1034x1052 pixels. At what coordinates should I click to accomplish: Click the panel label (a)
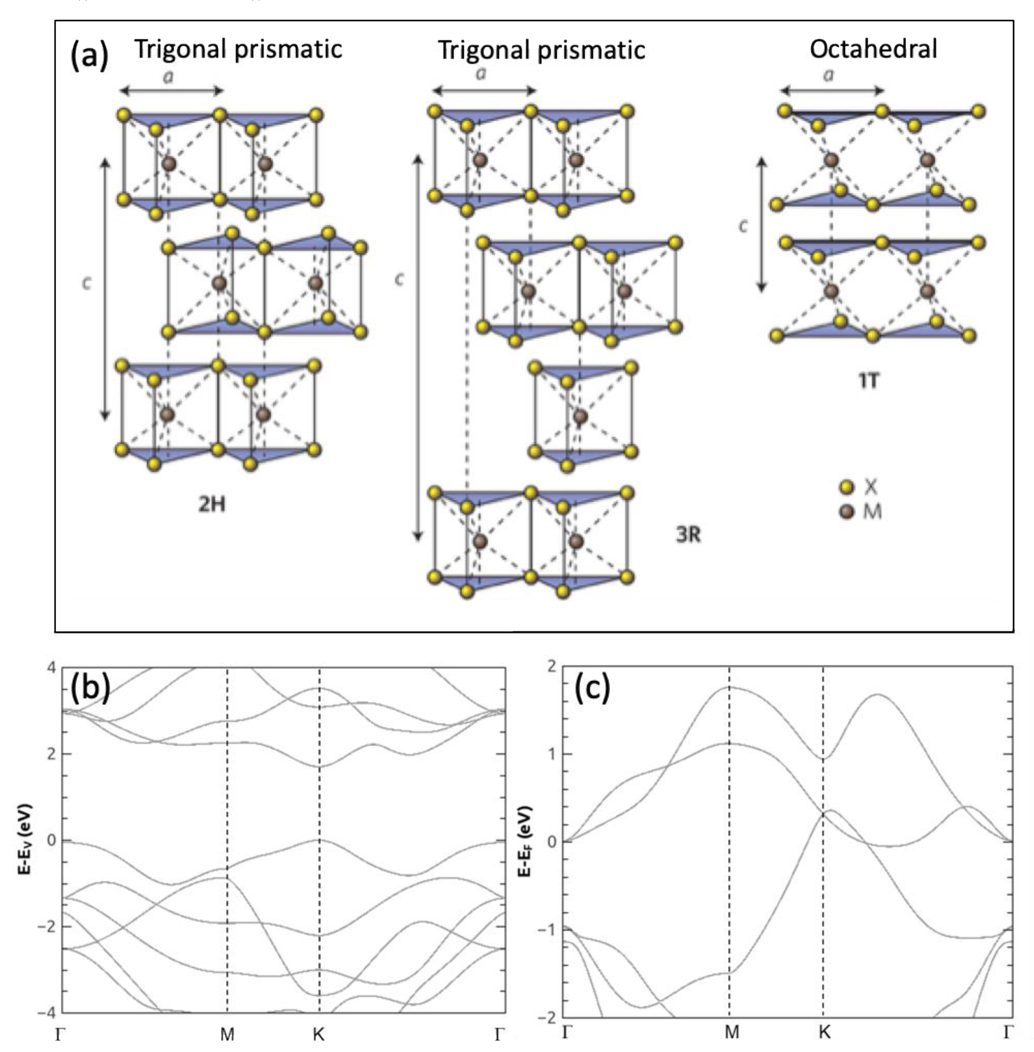point(90,55)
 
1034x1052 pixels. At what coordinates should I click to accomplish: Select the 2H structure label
point(211,505)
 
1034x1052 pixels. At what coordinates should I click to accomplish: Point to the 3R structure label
point(688,535)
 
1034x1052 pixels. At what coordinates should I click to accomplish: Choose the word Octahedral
point(873,49)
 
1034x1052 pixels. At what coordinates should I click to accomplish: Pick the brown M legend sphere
point(846,511)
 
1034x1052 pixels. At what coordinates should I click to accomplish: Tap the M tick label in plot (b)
point(227,1035)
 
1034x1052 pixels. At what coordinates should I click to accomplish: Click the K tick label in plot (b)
point(319,1035)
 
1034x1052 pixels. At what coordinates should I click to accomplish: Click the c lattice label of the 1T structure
point(743,225)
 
